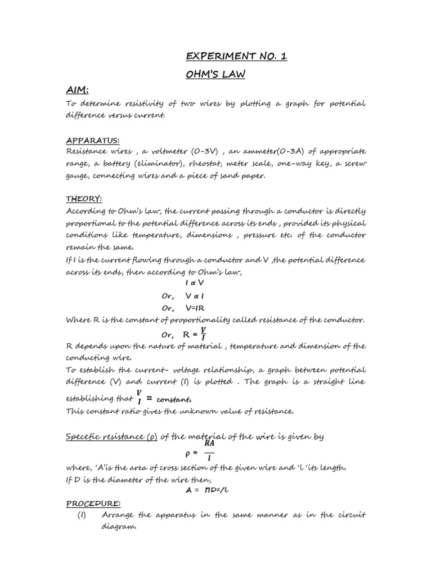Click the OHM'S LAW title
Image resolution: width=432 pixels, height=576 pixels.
coord(215,74)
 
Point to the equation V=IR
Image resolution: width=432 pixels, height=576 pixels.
coord(197,308)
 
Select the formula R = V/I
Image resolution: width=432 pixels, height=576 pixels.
coord(195,334)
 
